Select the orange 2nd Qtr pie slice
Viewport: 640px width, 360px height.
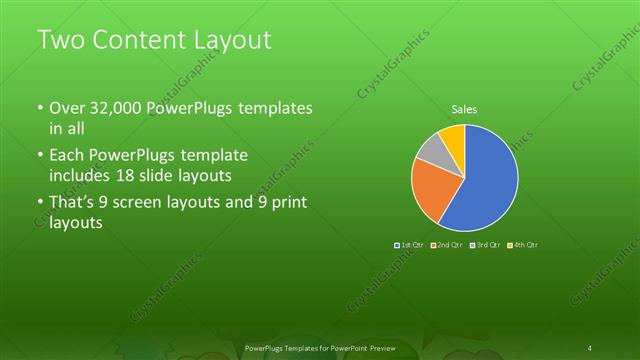click(x=430, y=190)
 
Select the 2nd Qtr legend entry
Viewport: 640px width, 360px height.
click(x=446, y=245)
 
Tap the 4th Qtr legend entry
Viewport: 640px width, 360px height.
click(x=523, y=245)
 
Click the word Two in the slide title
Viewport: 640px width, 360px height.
click(x=59, y=40)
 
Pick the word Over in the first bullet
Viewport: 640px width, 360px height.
click(x=68, y=109)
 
